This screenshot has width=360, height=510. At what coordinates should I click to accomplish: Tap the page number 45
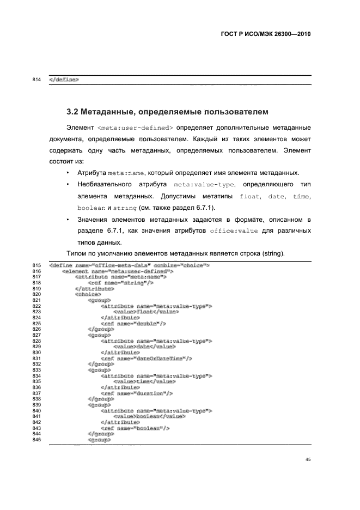(308, 460)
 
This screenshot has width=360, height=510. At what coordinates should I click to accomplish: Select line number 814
(38, 80)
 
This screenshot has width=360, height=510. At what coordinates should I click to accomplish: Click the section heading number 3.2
(73, 113)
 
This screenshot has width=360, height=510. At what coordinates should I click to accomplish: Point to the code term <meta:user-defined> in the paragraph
(135, 128)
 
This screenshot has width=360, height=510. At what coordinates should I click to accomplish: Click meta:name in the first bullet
(125, 173)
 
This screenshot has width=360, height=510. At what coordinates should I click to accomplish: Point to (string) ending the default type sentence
(268, 253)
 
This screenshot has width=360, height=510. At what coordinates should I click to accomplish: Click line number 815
(38, 265)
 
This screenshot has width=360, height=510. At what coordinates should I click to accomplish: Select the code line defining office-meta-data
(130, 265)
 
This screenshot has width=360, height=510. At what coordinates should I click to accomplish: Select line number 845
(38, 440)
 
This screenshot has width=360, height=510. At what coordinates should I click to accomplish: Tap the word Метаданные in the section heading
(106, 113)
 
